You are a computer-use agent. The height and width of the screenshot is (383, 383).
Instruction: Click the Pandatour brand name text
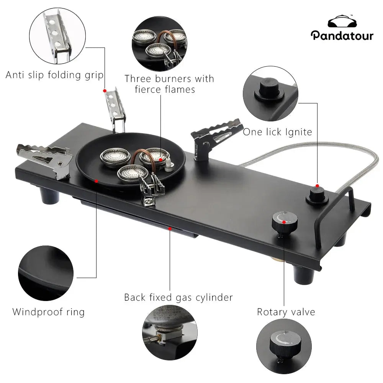[342, 35]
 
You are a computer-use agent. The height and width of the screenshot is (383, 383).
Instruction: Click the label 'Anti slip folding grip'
[54, 75]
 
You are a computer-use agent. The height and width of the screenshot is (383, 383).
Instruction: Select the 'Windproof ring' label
[48, 312]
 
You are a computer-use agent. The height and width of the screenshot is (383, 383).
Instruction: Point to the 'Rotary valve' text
[286, 312]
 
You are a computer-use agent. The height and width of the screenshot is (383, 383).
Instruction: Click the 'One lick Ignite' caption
[277, 132]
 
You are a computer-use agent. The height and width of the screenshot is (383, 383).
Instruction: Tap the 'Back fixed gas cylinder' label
[178, 297]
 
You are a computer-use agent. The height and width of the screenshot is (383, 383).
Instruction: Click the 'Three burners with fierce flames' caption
[169, 84]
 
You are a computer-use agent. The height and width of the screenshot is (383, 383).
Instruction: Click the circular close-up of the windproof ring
[46, 273]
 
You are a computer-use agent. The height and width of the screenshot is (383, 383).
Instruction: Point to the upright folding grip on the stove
[116, 109]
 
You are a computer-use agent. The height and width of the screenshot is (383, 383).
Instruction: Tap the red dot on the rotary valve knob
[283, 221]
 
